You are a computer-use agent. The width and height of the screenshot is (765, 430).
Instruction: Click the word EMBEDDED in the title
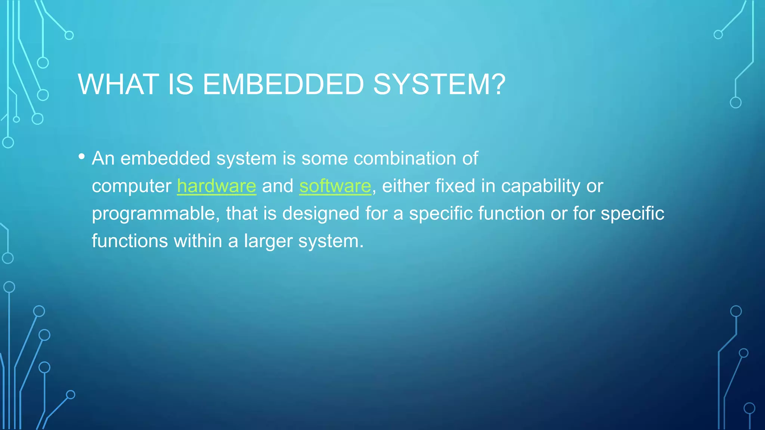pos(283,84)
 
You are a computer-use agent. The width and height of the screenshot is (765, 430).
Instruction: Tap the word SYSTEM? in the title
pos(439,84)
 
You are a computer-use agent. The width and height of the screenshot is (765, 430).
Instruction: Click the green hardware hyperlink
pos(217,186)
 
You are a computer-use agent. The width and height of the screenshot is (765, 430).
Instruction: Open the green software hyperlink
pos(335,186)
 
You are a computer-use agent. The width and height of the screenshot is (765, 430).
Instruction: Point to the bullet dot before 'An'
pos(82,157)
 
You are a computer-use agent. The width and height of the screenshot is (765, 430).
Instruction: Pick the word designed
pos(321,214)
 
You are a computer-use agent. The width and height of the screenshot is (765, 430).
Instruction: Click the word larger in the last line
pos(268,242)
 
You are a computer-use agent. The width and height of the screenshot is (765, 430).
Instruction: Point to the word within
pos(198,241)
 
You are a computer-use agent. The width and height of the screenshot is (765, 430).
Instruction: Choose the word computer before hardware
pos(131,186)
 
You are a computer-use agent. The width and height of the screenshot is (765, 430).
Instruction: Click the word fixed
pos(455,186)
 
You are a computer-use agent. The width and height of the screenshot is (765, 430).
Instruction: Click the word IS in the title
pos(181,84)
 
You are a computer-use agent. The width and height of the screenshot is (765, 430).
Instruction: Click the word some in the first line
pos(325,158)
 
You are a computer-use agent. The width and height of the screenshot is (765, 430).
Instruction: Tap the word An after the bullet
pos(103,158)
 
